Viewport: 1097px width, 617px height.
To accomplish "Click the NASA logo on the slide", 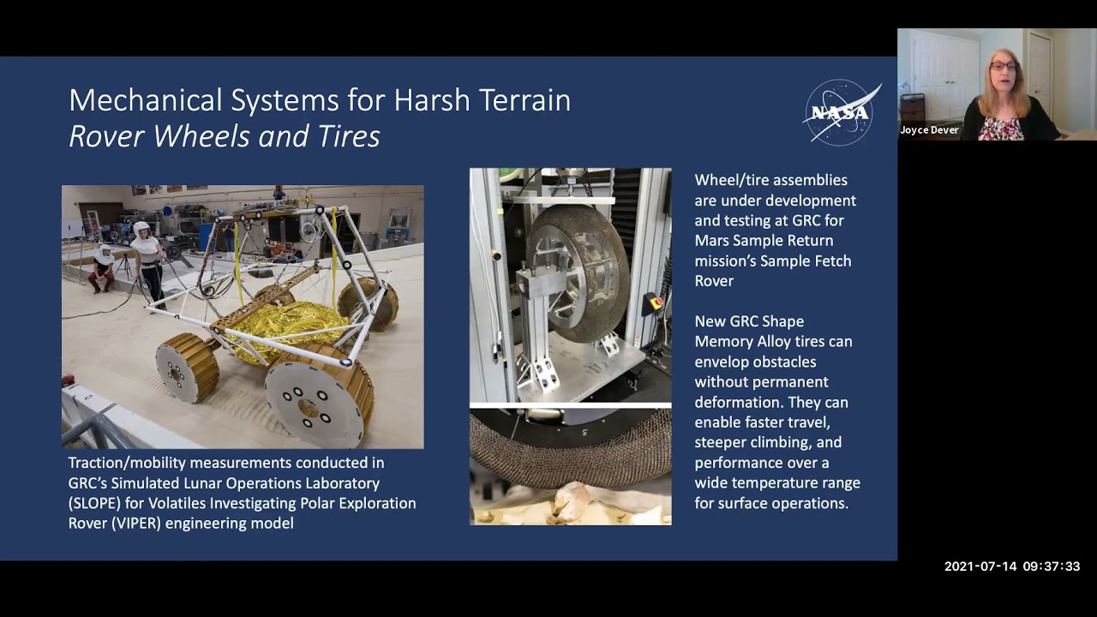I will coord(841,112).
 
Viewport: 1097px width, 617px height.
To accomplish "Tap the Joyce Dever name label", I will coord(929,130).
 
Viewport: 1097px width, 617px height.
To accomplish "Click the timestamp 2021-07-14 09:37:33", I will coord(1011,566).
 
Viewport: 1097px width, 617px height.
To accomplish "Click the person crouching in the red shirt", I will coord(103,267).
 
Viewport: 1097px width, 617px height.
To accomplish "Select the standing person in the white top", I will coord(147,261).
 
